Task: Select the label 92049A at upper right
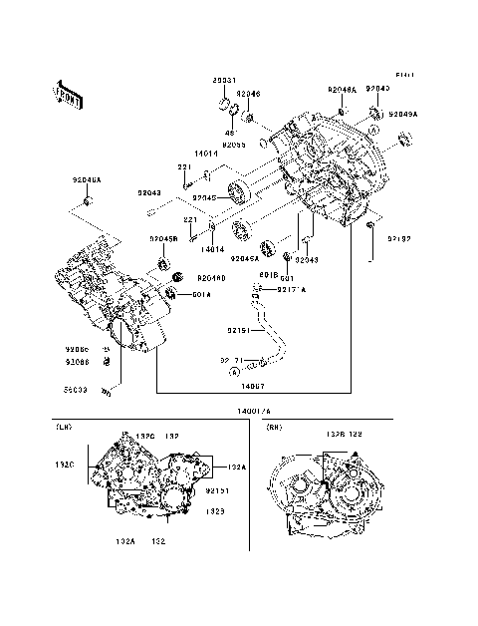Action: click(x=403, y=114)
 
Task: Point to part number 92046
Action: click(x=248, y=94)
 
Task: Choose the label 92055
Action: click(x=234, y=145)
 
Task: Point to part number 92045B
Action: click(x=163, y=238)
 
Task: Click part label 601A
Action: click(x=200, y=294)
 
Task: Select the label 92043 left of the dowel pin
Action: click(x=149, y=192)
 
